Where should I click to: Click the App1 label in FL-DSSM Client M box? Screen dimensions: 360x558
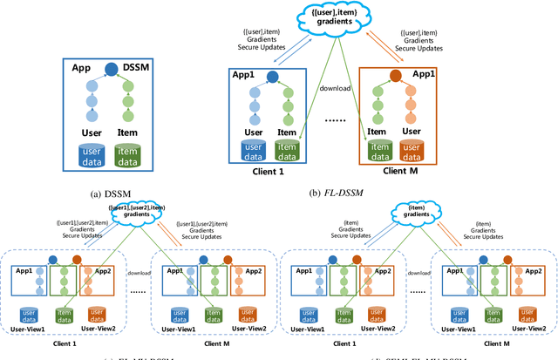pyautogui.click(x=425, y=76)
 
